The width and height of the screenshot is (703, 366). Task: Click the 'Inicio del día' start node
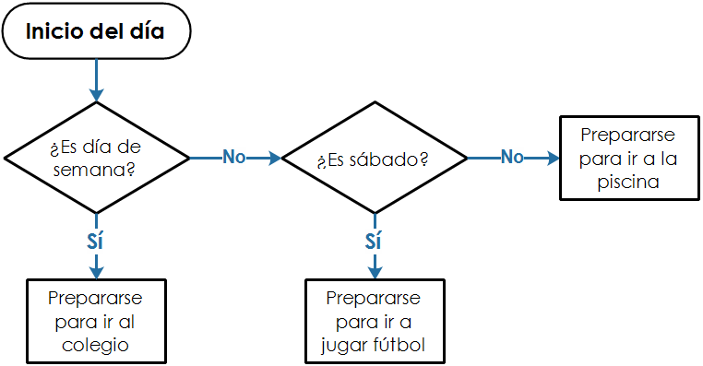click(x=95, y=33)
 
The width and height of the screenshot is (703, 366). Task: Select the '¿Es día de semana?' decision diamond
click(x=95, y=159)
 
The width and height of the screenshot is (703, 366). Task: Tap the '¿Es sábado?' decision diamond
click(x=373, y=159)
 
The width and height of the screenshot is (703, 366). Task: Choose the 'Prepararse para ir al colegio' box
click(x=96, y=321)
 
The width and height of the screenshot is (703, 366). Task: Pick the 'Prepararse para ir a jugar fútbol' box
click(x=373, y=321)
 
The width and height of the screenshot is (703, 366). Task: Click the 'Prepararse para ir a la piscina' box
click(x=626, y=158)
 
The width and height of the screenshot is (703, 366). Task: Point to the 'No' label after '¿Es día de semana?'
click(x=234, y=157)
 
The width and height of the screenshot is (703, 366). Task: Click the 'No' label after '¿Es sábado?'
click(x=512, y=157)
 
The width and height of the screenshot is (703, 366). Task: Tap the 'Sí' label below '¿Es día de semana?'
click(x=95, y=241)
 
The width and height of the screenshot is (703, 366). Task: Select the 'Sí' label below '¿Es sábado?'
click(x=373, y=241)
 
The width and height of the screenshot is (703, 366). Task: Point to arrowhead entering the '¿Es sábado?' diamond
click(x=274, y=158)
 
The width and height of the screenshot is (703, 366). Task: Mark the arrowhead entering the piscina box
click(x=554, y=158)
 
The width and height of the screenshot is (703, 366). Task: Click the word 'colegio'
click(x=96, y=346)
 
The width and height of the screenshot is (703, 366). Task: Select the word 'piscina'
click(x=626, y=182)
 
